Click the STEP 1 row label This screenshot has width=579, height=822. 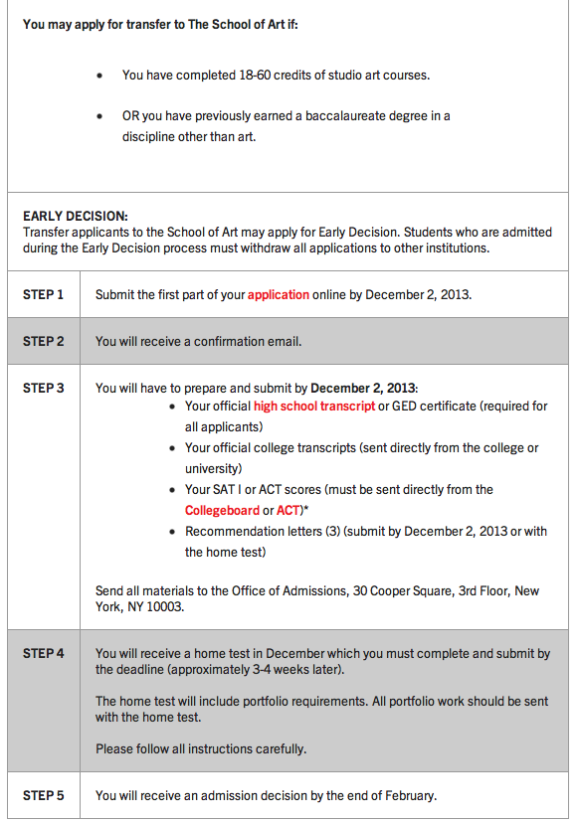43,295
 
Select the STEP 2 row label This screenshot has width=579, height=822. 43,341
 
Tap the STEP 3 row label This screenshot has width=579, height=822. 43,388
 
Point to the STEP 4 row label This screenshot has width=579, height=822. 43,653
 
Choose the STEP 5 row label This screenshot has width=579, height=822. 43,795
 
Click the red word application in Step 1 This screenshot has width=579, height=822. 279,295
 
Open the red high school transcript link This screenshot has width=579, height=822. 314,407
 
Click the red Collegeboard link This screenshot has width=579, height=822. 222,511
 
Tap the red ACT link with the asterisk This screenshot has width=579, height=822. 289,511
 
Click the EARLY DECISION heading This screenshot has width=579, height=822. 76,216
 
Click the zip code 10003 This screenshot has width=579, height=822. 166,607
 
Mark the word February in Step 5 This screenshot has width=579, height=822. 408,795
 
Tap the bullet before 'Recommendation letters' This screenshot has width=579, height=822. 175,532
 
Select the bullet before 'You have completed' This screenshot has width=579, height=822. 99,75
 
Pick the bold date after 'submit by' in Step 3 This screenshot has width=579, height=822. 364,388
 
